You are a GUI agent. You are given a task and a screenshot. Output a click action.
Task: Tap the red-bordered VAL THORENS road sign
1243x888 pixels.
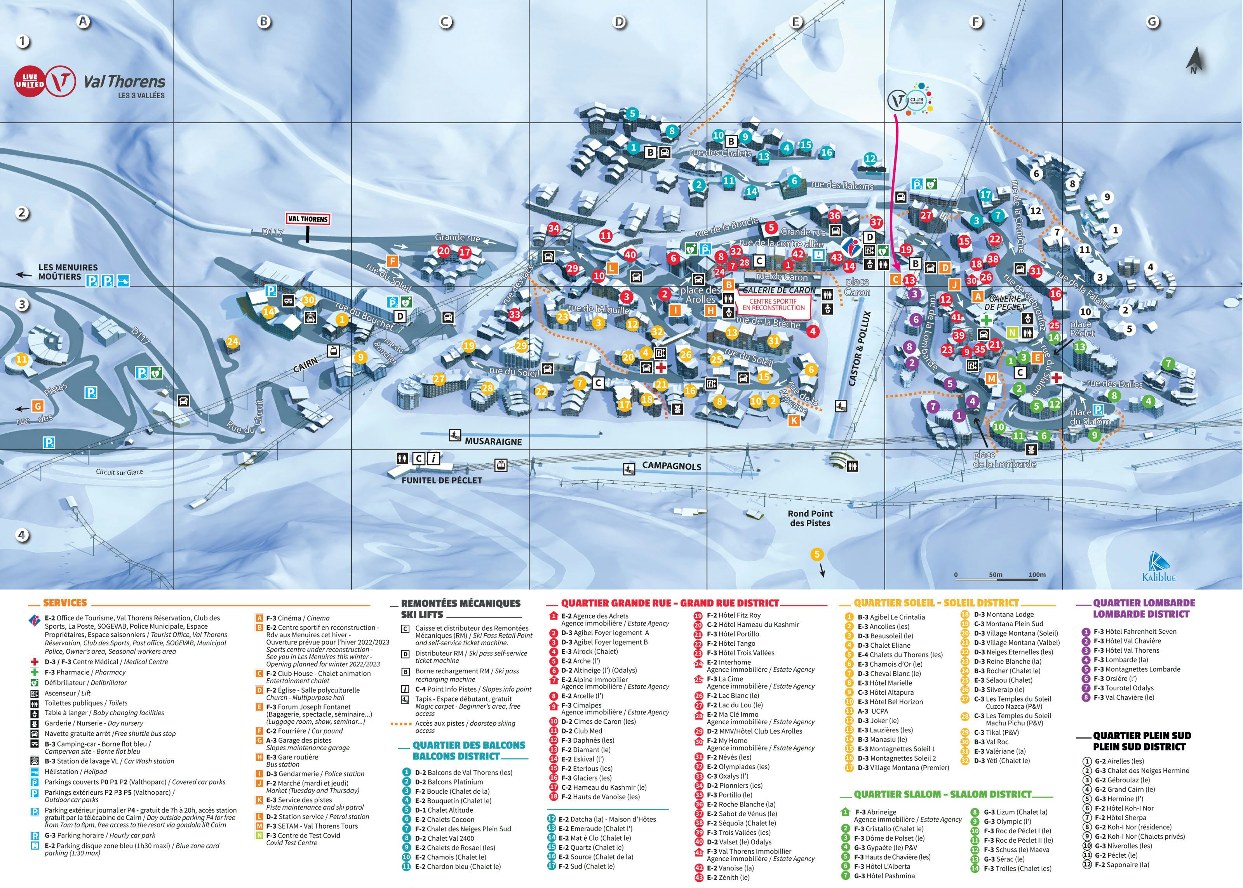(308, 219)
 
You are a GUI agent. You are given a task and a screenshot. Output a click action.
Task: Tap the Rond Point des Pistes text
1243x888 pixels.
(810, 518)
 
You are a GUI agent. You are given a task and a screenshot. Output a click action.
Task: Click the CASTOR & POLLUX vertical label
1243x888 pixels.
(859, 349)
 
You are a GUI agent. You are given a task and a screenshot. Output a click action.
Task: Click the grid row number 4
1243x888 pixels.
(22, 534)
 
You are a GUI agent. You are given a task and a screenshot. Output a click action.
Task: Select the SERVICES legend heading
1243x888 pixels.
(64, 603)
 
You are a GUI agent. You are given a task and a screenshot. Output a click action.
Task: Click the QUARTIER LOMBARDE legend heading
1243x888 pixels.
(1144, 608)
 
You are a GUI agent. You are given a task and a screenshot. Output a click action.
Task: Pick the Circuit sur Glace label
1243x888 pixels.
(119, 472)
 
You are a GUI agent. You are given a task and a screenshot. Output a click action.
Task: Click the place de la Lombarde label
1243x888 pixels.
(1004, 459)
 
